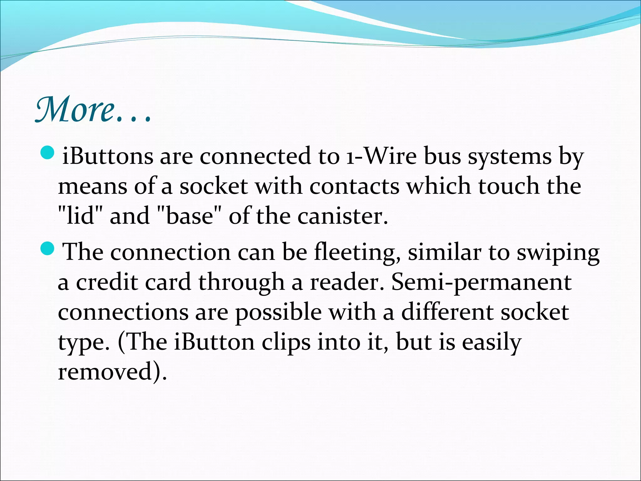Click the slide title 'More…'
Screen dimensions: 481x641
(x=93, y=110)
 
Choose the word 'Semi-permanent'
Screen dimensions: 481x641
(x=481, y=282)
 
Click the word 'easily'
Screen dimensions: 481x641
(x=492, y=342)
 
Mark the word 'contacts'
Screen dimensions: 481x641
(x=354, y=186)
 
